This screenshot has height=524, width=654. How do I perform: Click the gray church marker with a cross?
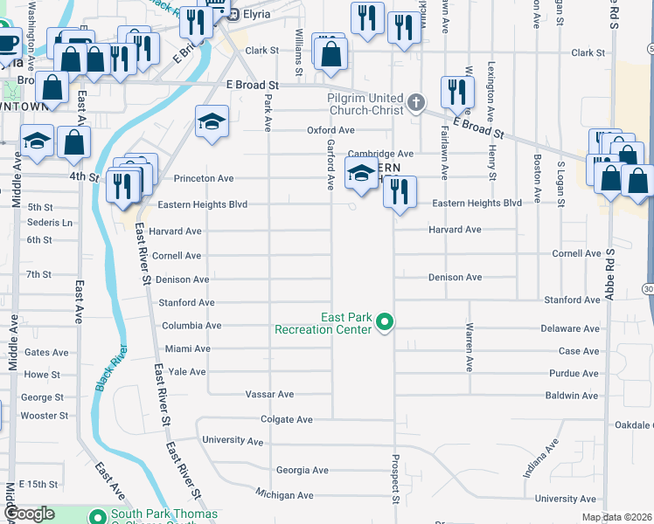(416, 103)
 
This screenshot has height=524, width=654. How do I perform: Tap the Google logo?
(29, 514)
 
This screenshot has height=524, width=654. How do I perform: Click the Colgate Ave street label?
(287, 419)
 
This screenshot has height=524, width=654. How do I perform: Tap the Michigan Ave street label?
(284, 495)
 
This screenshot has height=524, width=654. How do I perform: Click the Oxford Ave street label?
(330, 130)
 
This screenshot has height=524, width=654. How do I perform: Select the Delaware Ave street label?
(573, 328)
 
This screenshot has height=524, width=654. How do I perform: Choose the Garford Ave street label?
(331, 164)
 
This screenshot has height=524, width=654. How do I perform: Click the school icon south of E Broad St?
(211, 122)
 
